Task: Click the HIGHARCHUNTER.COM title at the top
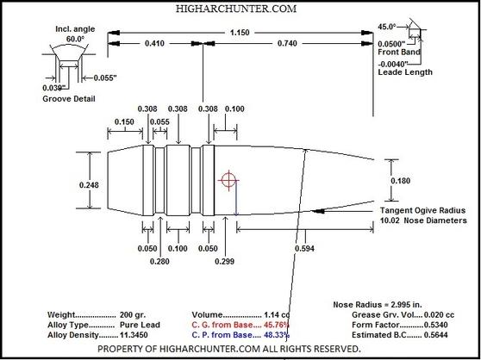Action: [236, 9]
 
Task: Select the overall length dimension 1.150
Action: [240, 33]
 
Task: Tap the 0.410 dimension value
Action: [154, 44]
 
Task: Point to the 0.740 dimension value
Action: [287, 44]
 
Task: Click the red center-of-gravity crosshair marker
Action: [228, 180]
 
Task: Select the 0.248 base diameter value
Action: [89, 185]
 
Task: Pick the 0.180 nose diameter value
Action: [400, 181]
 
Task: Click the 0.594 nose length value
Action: [304, 249]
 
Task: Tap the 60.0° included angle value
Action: [75, 40]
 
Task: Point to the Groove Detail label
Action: [69, 99]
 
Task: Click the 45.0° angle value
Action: [387, 27]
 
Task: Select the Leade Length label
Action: [405, 72]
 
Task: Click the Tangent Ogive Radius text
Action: [422, 210]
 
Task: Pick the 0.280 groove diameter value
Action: [159, 261]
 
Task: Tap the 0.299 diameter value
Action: [225, 261]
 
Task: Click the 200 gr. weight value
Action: [133, 315]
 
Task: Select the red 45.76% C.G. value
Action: [277, 325]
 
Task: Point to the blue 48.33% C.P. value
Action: [277, 335]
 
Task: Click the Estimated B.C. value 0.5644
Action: [435, 335]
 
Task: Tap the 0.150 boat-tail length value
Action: [124, 122]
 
